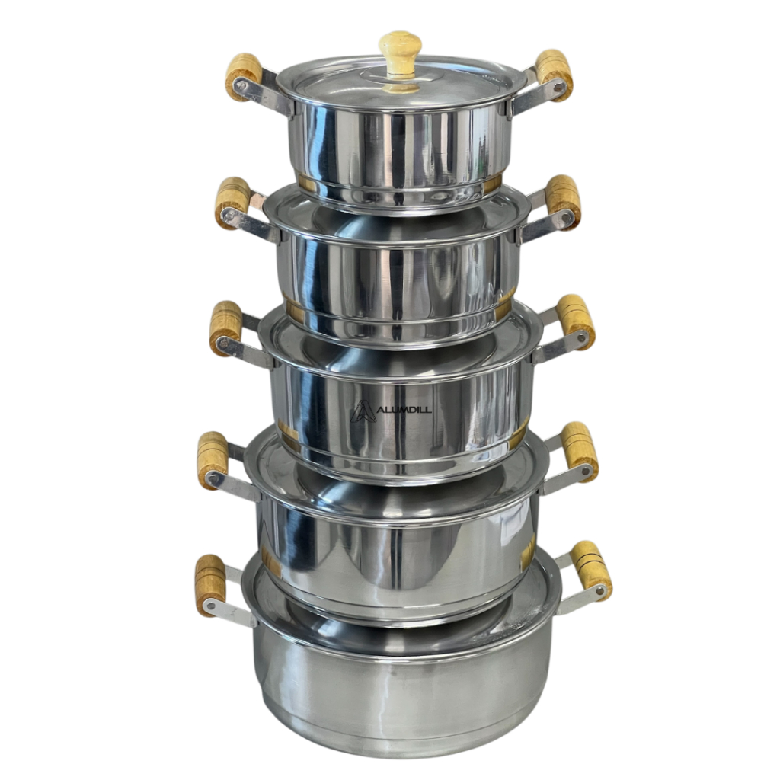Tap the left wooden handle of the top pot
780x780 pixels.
[243, 77]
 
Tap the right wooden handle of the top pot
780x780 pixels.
[555, 75]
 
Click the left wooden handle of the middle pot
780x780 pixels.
[225, 328]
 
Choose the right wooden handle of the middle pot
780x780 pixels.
[576, 321]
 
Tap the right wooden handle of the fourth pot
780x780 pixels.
[580, 451]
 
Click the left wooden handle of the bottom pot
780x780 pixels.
[210, 585]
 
